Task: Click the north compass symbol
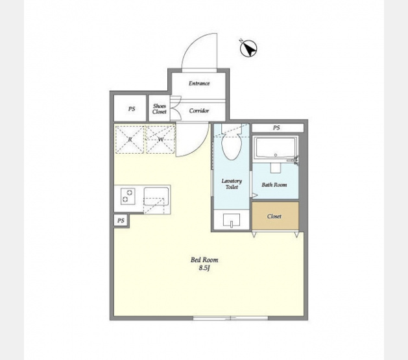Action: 248,49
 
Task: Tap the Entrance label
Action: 199,83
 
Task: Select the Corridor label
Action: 199,111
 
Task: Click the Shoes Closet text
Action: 160,109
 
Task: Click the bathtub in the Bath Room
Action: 276,148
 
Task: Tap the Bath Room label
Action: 274,185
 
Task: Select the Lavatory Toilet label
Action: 232,184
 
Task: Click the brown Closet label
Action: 274,217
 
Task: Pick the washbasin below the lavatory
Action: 232,221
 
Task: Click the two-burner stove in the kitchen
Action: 128,196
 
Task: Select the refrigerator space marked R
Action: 130,139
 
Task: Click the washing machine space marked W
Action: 160,139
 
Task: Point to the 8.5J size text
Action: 204,268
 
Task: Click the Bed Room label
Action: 204,260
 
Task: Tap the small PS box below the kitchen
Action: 121,221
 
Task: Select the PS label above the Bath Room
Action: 276,128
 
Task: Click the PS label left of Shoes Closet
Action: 132,109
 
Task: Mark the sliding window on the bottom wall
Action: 230,318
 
